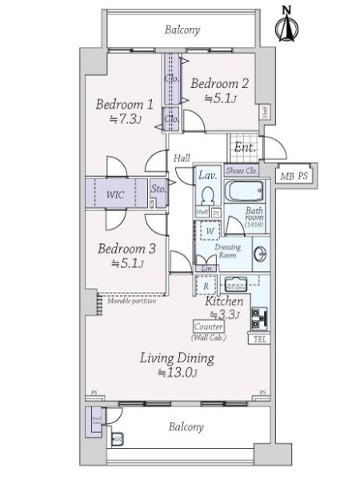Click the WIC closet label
117,194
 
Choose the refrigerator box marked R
206,285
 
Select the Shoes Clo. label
240,170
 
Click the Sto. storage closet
158,190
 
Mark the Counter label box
209,328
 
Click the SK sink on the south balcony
118,439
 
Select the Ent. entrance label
245,148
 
